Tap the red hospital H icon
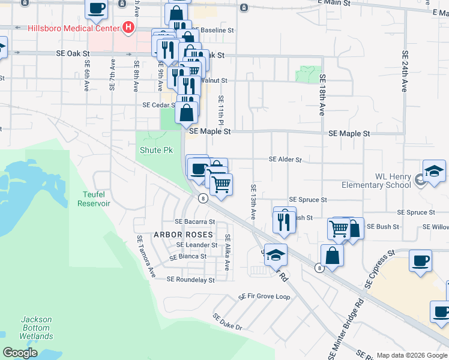pos(127,27)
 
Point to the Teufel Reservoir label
pos(94,199)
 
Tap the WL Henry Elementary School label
pos(376,181)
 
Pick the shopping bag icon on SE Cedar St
pos(187,112)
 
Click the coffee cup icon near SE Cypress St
pos(421,261)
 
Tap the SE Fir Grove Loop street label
pos(264,297)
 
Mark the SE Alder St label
pos(285,160)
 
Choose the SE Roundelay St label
pos(190,280)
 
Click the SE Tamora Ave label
pos(146,256)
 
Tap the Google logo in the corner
pos(20,353)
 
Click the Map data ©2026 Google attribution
pos(411,355)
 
